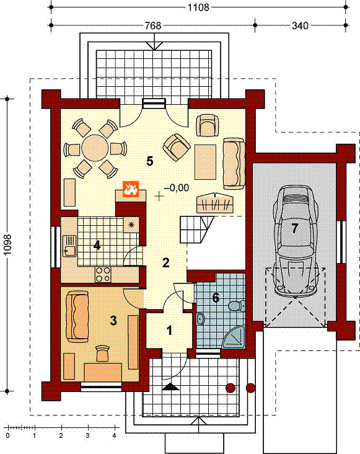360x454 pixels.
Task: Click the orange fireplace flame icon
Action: [x=131, y=189]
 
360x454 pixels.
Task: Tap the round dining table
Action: [x=95, y=148]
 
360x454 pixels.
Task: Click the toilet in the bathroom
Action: [x=236, y=306]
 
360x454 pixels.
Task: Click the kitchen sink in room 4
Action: [x=69, y=246]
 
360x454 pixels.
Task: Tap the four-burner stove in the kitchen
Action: [x=103, y=274]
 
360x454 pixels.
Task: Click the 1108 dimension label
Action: [x=198, y=7]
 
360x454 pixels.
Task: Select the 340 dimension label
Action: [x=300, y=25]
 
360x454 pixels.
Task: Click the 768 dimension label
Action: [x=152, y=25]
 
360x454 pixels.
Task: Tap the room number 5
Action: [x=149, y=161]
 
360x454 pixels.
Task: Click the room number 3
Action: [x=113, y=320]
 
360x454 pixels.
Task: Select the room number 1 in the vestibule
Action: [x=169, y=331]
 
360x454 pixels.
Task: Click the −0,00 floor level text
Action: [x=177, y=188]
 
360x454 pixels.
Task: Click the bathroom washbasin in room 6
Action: [x=200, y=319]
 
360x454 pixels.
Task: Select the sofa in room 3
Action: [x=77, y=316]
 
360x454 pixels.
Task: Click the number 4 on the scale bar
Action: [x=114, y=435]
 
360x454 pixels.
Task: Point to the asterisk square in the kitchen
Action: [x=131, y=225]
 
